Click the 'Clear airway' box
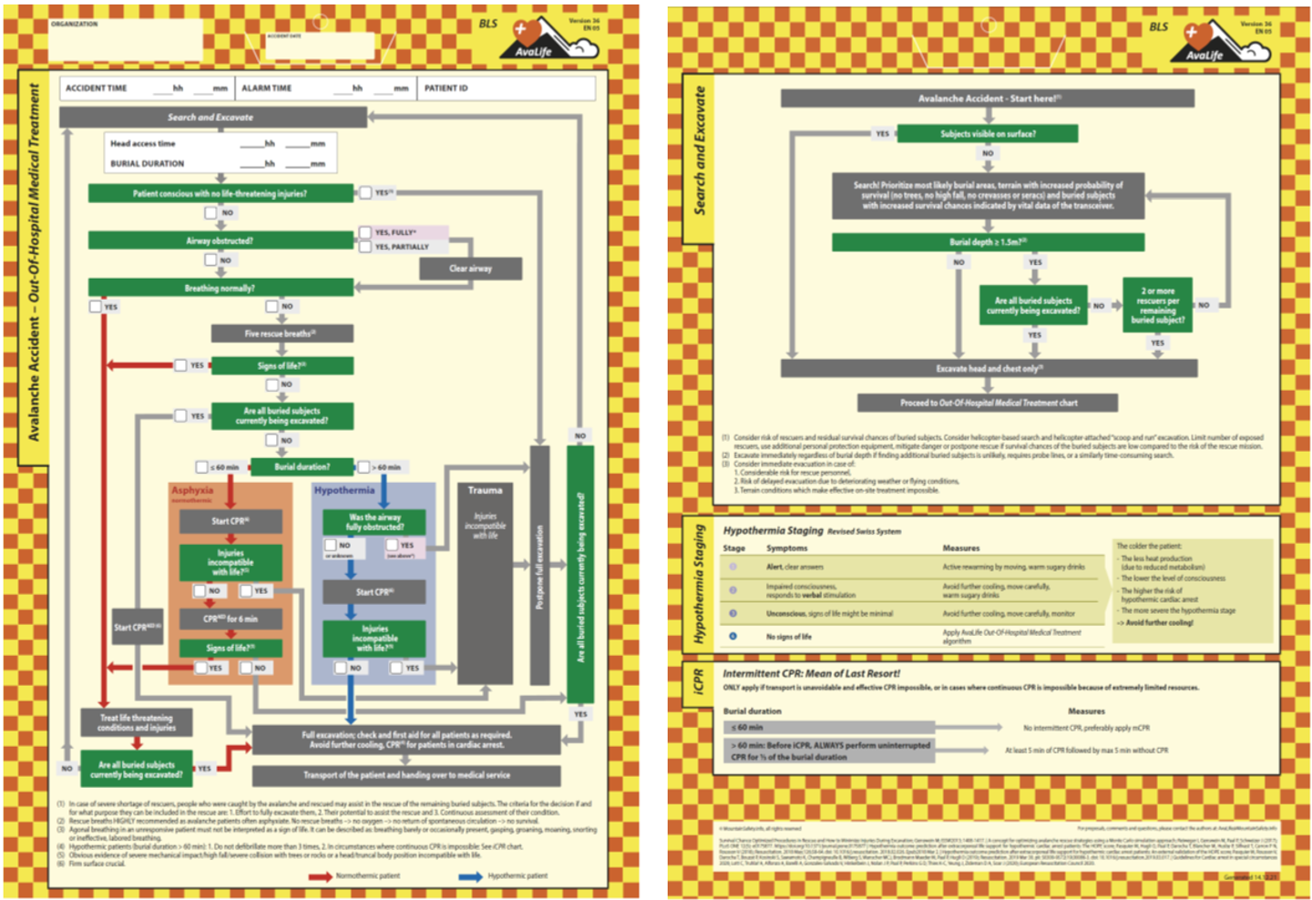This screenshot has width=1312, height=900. (x=470, y=269)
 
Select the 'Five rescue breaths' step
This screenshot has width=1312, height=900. (x=282, y=333)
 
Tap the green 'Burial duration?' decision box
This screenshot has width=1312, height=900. (x=302, y=466)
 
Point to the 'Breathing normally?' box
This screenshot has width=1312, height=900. (x=220, y=288)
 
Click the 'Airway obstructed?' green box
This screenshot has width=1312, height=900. (x=220, y=240)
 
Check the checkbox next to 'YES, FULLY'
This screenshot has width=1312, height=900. (x=365, y=232)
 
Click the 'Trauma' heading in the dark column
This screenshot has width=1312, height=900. (x=485, y=490)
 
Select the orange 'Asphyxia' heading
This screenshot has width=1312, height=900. (x=192, y=490)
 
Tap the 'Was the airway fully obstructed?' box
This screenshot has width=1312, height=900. (x=374, y=522)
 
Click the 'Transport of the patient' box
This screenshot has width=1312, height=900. (x=406, y=775)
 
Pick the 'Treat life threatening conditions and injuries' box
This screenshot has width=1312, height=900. (x=137, y=722)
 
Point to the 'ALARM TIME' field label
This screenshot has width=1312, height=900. (x=267, y=88)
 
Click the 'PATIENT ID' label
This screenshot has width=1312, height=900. (x=446, y=88)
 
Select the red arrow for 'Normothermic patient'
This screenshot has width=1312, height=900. (x=320, y=876)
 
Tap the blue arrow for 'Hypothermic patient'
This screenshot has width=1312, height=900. (x=471, y=876)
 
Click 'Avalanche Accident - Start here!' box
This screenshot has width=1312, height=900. (x=988, y=98)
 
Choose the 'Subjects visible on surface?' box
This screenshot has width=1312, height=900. (x=988, y=134)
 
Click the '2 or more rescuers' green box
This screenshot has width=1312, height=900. (x=1157, y=305)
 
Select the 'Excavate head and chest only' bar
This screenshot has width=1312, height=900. (x=989, y=368)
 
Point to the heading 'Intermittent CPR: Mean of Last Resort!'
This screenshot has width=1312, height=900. (x=811, y=673)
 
